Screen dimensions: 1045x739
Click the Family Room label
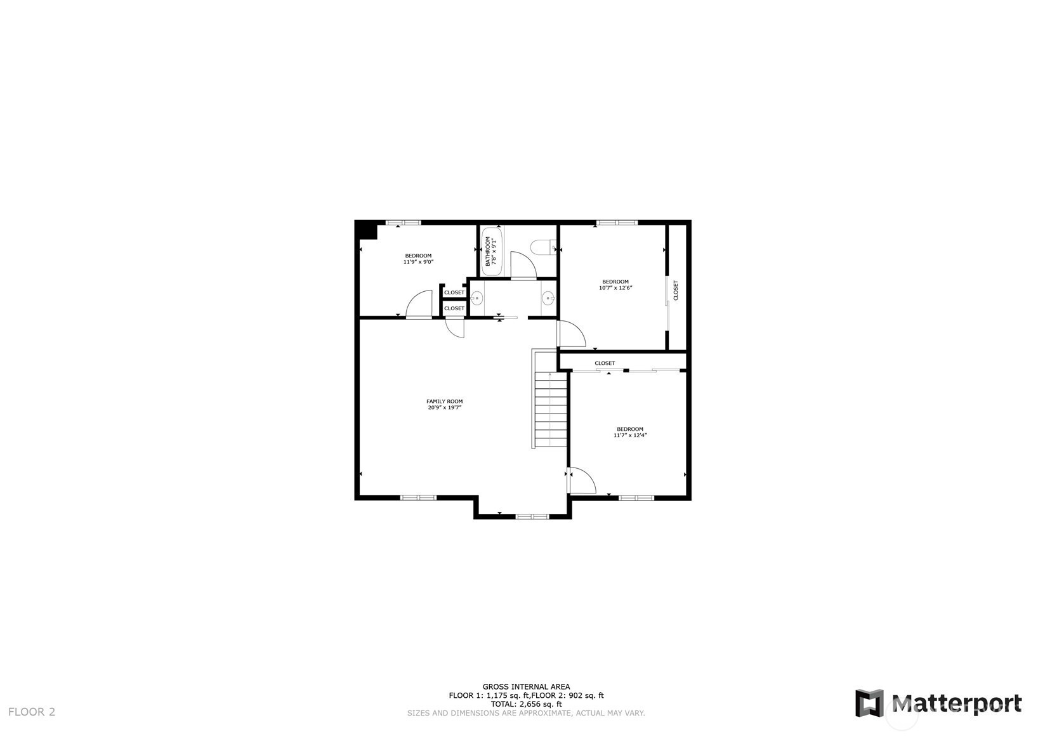[x=444, y=402]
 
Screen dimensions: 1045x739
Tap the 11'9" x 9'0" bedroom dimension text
[x=419, y=262]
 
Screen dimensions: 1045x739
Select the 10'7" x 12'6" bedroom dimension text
[x=615, y=288]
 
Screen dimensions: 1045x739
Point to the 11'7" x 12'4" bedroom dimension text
[x=630, y=435]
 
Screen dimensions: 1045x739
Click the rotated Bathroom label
[x=487, y=251]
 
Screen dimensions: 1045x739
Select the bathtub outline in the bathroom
[x=492, y=251]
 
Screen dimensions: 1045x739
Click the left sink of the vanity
[x=476, y=298]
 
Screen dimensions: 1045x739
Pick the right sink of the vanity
[x=548, y=298]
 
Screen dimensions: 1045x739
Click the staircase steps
[x=551, y=409]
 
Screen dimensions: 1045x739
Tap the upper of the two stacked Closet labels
[x=454, y=292]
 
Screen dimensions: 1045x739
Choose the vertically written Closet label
[x=676, y=290]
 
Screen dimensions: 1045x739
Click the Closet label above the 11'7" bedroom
[x=605, y=363]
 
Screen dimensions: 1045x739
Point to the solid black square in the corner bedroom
[x=367, y=231]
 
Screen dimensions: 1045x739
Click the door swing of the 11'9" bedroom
[x=419, y=304]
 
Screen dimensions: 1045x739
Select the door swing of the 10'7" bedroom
[x=572, y=334]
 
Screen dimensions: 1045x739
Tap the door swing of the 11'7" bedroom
[x=582, y=481]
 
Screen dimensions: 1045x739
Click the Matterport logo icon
[x=869, y=702]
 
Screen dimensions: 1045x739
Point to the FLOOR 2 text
[x=32, y=712]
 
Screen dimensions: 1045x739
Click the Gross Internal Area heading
[x=526, y=687]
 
